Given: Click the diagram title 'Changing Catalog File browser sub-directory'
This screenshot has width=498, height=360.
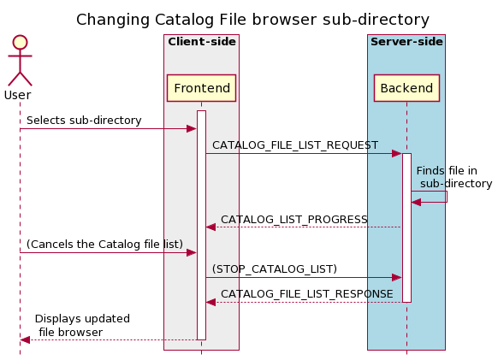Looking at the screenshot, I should click(x=252, y=20).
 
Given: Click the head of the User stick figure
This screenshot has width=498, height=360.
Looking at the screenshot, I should click(x=19, y=42).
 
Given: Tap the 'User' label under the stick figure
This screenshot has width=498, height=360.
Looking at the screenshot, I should click(x=18, y=95).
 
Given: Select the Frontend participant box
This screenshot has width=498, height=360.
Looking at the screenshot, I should click(x=201, y=88).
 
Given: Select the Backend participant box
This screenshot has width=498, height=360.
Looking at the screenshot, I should click(x=406, y=88).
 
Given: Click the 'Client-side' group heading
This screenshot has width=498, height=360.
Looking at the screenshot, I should click(x=201, y=42).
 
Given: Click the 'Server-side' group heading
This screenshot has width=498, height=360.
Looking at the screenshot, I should click(x=406, y=42).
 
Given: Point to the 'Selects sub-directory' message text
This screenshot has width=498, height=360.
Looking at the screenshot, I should click(x=84, y=121).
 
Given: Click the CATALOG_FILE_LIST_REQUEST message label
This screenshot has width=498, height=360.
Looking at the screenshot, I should click(x=295, y=145).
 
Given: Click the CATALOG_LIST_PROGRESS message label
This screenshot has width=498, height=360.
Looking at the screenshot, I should click(x=293, y=220).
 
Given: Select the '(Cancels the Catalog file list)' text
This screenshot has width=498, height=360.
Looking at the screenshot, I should click(x=104, y=245).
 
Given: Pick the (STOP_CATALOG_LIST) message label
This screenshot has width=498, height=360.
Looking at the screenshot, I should click(x=275, y=269).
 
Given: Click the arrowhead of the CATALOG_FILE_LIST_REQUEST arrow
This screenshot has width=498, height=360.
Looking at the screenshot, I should click(x=397, y=154).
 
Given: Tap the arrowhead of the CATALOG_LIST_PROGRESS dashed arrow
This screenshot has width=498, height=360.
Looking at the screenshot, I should click(x=210, y=227).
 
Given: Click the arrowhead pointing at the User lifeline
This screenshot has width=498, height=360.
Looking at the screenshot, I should click(x=25, y=339).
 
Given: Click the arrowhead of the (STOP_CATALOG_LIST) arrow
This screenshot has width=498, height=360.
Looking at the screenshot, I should click(x=397, y=277).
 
